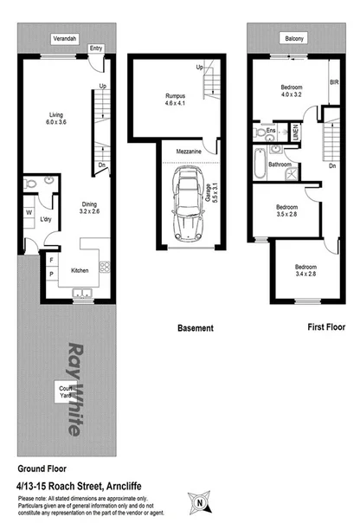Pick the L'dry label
47,220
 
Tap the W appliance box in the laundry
29,212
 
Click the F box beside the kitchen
51,259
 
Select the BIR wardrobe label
332,82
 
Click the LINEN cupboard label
295,133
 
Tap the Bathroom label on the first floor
279,164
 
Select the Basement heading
195,328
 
